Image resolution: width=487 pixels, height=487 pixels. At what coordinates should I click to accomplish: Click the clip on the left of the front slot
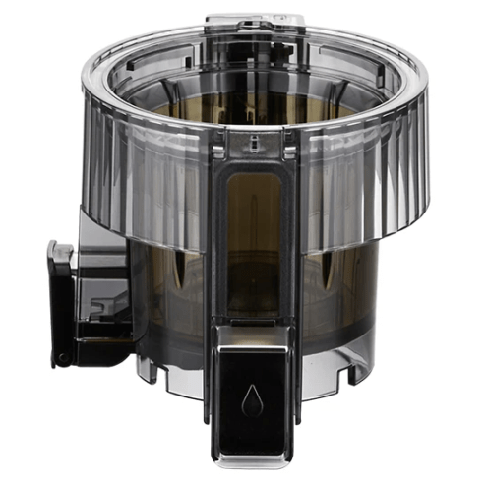pos(217,152)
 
